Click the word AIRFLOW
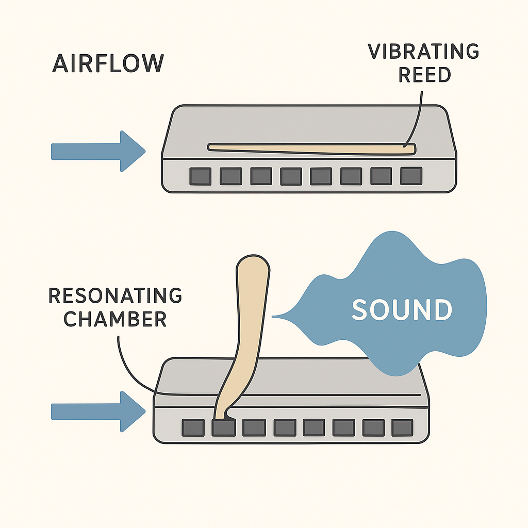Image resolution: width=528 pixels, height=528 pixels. click(x=108, y=63)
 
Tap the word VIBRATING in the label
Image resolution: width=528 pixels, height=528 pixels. click(x=423, y=52)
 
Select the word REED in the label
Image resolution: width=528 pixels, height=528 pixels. click(x=424, y=75)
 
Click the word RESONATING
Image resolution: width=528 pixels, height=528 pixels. click(x=115, y=296)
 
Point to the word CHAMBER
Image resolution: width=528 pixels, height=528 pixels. click(x=115, y=319)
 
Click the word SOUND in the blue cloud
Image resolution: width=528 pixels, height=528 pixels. click(x=402, y=309)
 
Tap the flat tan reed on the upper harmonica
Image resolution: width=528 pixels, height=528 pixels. click(x=309, y=149)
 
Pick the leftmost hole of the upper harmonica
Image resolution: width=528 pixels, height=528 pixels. click(x=200, y=176)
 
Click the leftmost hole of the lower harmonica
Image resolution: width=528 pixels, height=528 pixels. click(x=193, y=427)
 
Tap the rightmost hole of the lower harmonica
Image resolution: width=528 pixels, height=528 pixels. click(x=402, y=427)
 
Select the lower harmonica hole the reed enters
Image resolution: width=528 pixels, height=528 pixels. click(x=223, y=427)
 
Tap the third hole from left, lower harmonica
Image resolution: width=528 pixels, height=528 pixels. click(x=254, y=427)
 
